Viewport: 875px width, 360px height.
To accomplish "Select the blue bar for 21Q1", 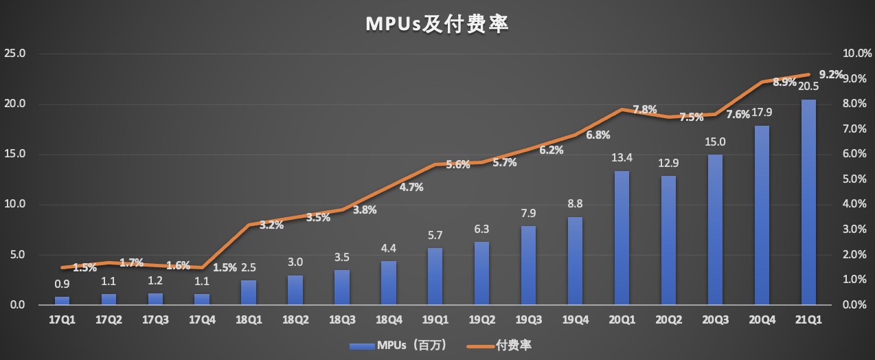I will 808,202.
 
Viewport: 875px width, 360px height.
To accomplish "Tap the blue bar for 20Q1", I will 621,238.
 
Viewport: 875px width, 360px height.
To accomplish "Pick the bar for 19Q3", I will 528,265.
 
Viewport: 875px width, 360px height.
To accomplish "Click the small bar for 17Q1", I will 62,300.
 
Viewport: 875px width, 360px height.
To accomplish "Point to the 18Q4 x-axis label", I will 388,319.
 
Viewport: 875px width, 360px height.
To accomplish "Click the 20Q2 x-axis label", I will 668,319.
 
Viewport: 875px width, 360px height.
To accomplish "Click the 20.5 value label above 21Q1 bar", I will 808,87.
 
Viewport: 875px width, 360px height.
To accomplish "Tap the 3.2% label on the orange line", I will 271,225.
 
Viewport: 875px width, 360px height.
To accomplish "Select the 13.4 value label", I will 622,158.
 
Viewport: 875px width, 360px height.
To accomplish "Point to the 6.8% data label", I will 598,135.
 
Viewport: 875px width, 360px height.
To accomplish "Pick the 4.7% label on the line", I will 411,187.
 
